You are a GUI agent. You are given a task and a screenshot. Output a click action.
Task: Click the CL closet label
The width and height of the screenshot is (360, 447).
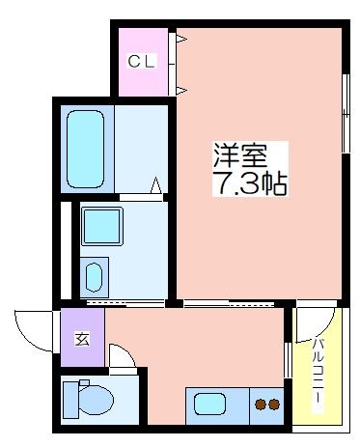(x=142, y=61)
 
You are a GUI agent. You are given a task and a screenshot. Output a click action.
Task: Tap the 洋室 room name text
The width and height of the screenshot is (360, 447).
(x=240, y=155)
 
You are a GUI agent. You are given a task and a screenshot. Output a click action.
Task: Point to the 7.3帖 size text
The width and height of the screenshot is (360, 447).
(x=250, y=184)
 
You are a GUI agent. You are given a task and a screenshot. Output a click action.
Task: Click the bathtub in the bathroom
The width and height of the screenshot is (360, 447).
(x=85, y=149)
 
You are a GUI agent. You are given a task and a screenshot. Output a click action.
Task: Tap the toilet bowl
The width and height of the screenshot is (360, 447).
(x=96, y=401)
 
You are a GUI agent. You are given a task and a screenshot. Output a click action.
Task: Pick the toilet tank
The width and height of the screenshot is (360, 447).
(x=70, y=400)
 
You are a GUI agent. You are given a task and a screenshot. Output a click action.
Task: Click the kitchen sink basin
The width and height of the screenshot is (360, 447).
(x=209, y=404)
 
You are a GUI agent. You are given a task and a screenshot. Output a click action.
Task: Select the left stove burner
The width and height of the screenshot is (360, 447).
(x=261, y=405)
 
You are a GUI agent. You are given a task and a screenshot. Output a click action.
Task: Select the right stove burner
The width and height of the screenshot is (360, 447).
(x=274, y=405)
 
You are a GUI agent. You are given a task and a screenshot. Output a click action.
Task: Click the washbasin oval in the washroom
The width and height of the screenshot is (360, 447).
(x=95, y=277)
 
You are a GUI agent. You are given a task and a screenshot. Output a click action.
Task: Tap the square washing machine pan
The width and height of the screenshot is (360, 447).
(x=102, y=226)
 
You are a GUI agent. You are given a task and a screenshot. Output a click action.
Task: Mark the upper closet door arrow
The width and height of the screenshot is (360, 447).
(x=180, y=39)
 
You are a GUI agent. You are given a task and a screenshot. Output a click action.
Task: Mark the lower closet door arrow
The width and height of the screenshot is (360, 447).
(x=180, y=90)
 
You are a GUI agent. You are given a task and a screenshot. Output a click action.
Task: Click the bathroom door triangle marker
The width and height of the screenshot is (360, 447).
(x=156, y=185)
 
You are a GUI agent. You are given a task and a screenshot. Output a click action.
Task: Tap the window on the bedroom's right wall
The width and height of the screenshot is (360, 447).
(x=346, y=113)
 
